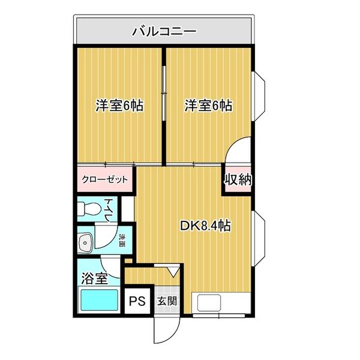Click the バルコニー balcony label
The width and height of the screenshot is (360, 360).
[x=163, y=29]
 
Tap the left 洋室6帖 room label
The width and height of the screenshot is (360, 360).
[x=119, y=106]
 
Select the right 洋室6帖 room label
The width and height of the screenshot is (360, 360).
[x=208, y=106]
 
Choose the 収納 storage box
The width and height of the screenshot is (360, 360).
[x=238, y=179]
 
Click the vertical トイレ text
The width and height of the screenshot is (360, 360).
[x=109, y=209]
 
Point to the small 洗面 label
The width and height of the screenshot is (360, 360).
[x=122, y=241]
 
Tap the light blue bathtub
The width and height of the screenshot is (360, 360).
[x=98, y=299]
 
